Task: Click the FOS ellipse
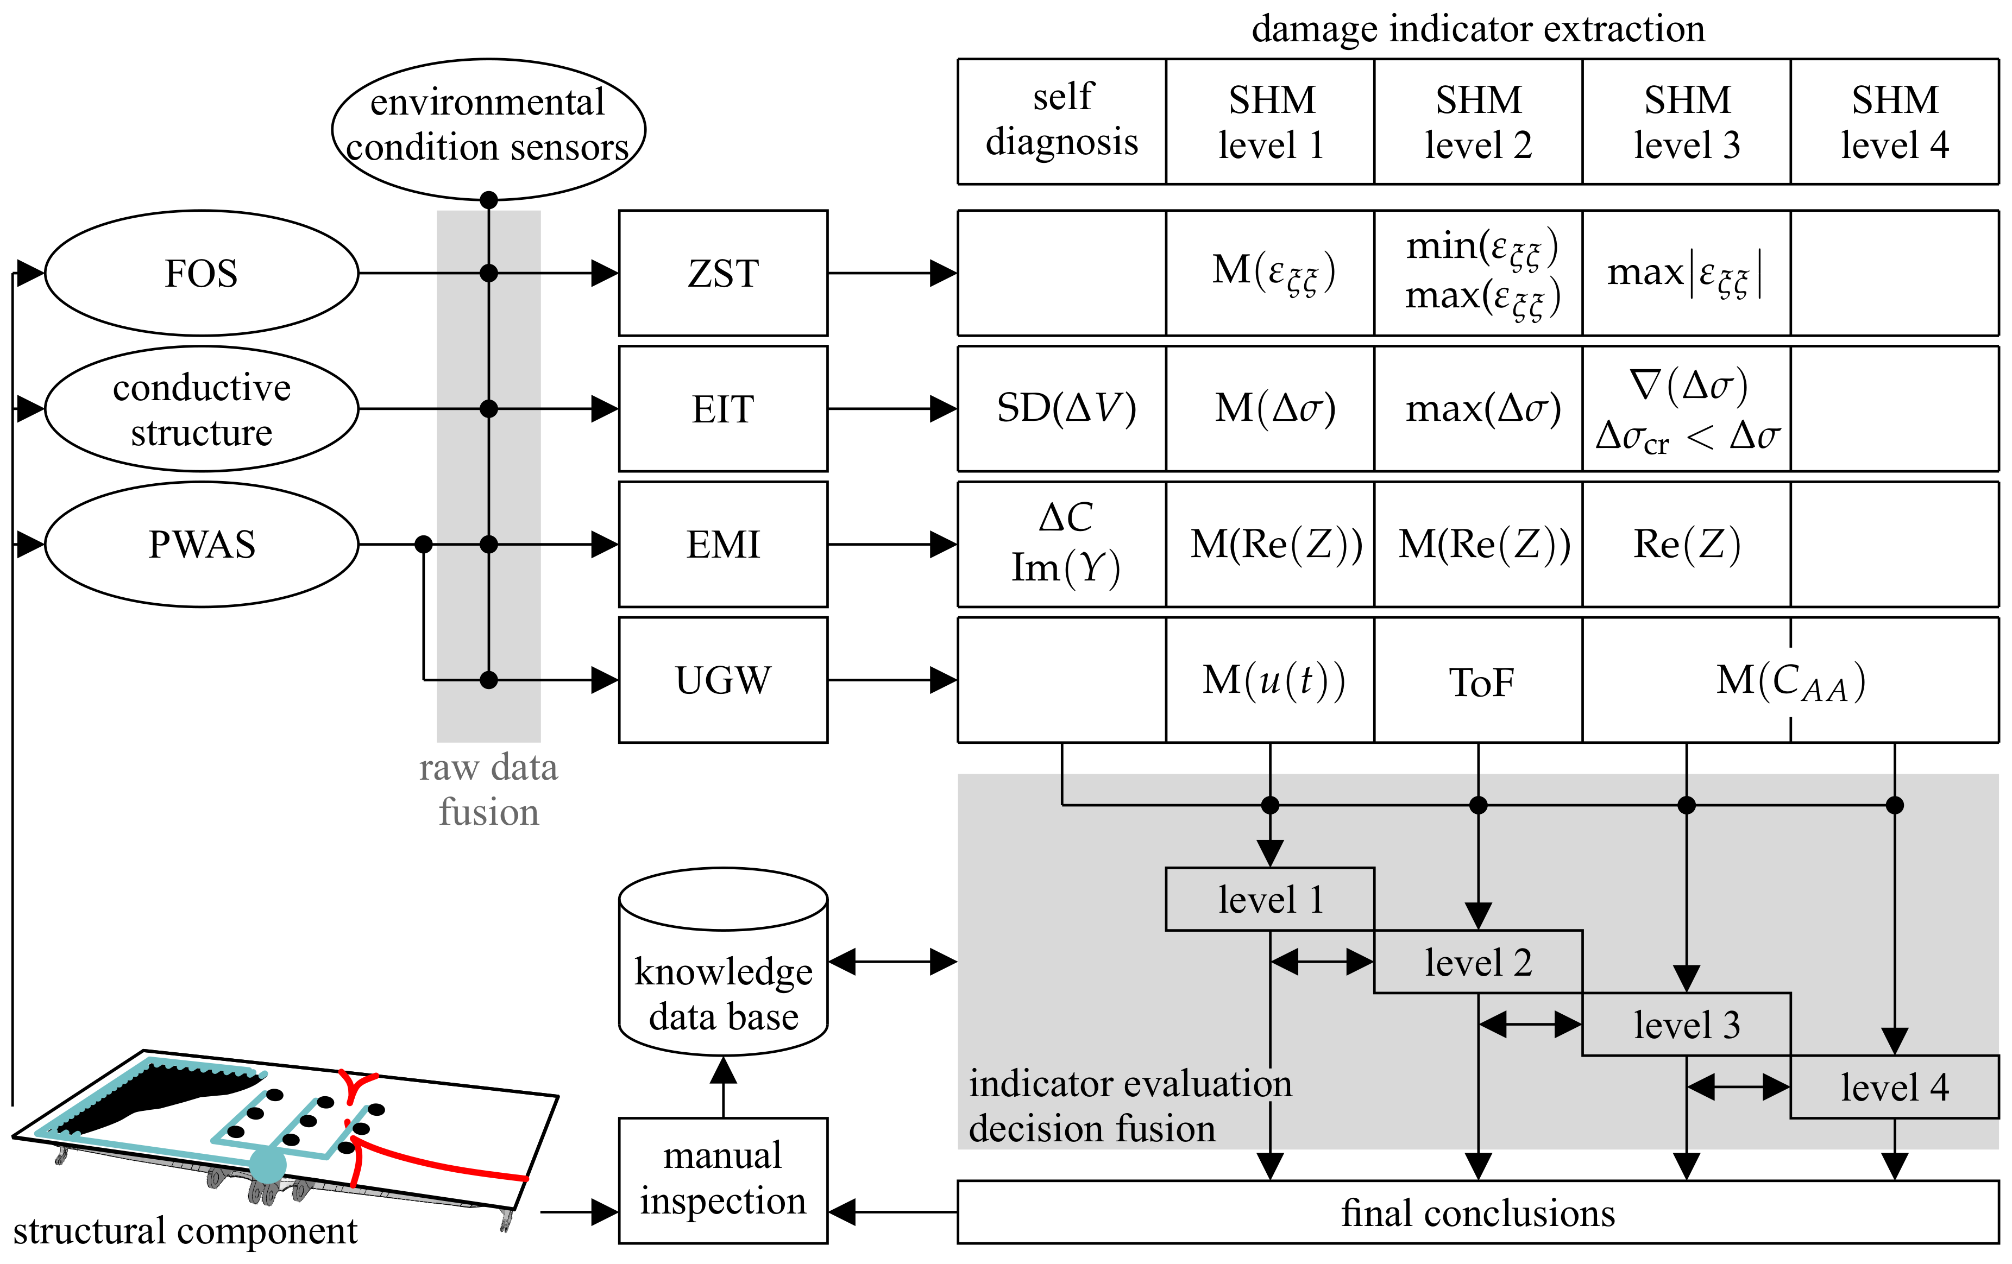202,273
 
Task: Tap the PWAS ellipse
202,545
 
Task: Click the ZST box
723,273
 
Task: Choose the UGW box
723,680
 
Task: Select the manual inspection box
723,1180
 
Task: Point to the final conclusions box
1477,1212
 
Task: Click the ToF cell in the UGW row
1478,680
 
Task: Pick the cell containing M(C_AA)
1790,680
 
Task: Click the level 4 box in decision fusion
1894,1087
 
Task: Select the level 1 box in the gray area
1269,899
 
